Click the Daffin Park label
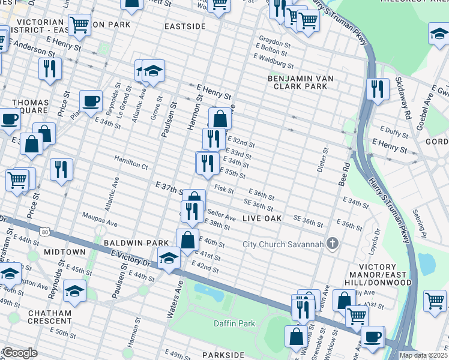pos(234,324)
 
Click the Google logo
pos(20,353)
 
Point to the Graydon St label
pos(274,44)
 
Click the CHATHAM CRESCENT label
pos(49,317)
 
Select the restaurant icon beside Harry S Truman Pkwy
pos(377,89)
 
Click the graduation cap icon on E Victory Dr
pos(169,258)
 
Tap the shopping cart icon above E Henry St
pos(79,25)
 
